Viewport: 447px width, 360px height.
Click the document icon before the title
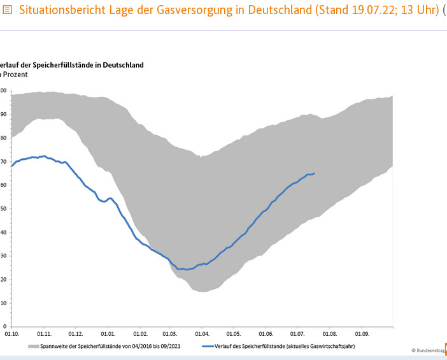pyautogui.click(x=8, y=11)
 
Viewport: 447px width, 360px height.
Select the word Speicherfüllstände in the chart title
pyautogui.click(x=53, y=65)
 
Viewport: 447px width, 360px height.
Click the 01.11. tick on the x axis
pyautogui.click(x=44, y=333)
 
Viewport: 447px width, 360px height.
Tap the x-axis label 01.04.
pyautogui.click(x=202, y=333)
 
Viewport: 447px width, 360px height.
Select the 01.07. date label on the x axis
pyautogui.click(x=297, y=333)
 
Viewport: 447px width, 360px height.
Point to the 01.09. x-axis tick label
pyautogui.click(x=362, y=333)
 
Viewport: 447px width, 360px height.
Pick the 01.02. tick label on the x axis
pyautogui.click(x=139, y=333)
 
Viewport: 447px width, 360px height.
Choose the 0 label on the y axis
pyautogui.click(x=4, y=326)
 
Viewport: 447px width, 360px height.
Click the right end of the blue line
pyautogui.click(x=314, y=173)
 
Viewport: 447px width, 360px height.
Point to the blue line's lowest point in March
pyautogui.click(x=181, y=270)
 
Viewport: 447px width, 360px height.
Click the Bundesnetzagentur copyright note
pyautogui.click(x=429, y=350)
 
